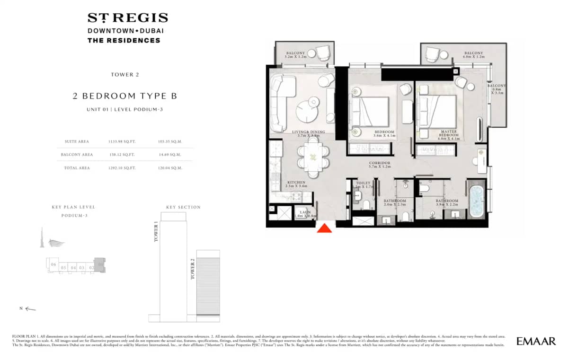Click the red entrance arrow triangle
click(x=324, y=228)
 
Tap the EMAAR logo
click(x=536, y=341)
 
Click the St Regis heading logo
click(x=127, y=18)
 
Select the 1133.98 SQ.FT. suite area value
click(x=118, y=141)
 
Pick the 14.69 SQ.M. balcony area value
click(x=169, y=155)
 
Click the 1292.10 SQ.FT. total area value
click(x=118, y=168)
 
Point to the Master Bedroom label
click(x=448, y=134)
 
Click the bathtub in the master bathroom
click(x=476, y=202)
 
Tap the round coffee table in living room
click(x=308, y=110)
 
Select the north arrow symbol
click(x=30, y=309)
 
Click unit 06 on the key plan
click(x=53, y=264)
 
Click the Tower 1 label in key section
click(x=156, y=232)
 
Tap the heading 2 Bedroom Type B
click(x=125, y=96)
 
